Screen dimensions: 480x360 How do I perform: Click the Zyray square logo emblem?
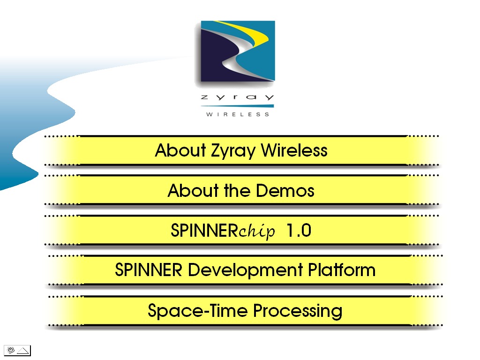click(238, 51)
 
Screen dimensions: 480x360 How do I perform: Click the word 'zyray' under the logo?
click(237, 97)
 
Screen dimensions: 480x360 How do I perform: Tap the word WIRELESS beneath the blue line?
click(238, 114)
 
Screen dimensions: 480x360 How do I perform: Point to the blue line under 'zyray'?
click(237, 106)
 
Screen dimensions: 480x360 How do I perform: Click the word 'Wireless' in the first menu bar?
click(294, 150)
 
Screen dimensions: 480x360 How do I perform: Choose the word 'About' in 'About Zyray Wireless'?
click(180, 150)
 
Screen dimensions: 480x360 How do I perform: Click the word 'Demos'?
click(285, 190)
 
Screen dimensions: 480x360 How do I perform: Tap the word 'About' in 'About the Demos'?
click(193, 190)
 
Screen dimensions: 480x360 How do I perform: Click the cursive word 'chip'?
click(256, 232)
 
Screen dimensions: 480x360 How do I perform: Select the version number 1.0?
click(299, 230)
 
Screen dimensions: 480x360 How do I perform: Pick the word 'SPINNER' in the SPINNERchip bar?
click(204, 230)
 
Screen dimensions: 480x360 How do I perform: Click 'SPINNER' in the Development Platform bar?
click(149, 270)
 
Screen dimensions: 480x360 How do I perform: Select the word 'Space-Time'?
click(198, 311)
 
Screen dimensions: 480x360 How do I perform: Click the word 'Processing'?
click(298, 311)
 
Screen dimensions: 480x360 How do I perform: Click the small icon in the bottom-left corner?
click(17, 350)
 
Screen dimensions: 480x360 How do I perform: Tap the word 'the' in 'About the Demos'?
click(237, 190)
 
